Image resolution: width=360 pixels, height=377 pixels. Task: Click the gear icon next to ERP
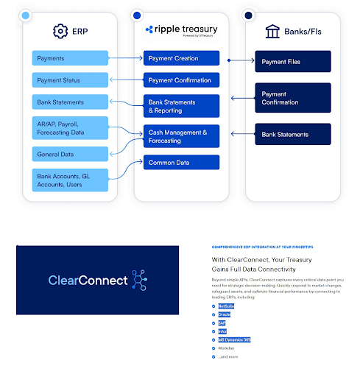[60, 31]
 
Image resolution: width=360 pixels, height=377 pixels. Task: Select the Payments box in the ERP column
[70, 58]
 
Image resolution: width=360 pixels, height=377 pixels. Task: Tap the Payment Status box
[70, 80]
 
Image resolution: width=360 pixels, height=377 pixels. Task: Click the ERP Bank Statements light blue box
[70, 102]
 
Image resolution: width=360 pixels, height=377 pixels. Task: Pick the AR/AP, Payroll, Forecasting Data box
[70, 127]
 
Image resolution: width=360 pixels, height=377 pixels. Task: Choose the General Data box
[70, 154]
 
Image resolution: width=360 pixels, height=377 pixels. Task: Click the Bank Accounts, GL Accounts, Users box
[70, 180]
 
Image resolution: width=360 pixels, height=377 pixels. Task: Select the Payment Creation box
[181, 58]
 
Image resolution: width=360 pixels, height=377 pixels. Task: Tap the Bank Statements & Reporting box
[181, 106]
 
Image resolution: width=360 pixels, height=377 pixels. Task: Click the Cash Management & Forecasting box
[181, 136]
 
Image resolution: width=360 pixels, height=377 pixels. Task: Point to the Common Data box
[181, 162]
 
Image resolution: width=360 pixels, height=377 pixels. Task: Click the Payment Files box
[293, 62]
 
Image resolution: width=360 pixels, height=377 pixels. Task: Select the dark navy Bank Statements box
[293, 134]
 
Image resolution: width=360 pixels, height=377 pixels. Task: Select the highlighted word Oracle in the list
[225, 314]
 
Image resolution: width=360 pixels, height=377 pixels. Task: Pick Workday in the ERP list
[227, 348]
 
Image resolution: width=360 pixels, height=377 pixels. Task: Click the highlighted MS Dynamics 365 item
[235, 339]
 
